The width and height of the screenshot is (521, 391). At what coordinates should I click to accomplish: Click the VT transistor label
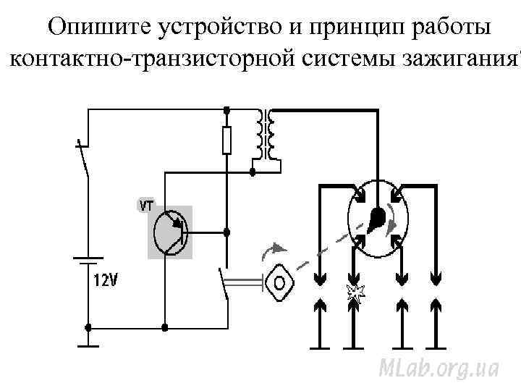(146, 206)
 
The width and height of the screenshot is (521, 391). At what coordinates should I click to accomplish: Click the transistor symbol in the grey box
(171, 232)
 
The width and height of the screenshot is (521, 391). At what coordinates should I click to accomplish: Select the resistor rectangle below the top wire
(226, 139)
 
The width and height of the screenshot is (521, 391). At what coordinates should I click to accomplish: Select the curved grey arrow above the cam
(273, 250)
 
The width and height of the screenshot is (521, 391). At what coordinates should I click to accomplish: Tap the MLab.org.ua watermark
(439, 367)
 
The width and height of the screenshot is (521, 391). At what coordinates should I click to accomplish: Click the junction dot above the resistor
(226, 110)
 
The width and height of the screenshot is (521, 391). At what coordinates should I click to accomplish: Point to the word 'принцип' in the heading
(359, 27)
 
